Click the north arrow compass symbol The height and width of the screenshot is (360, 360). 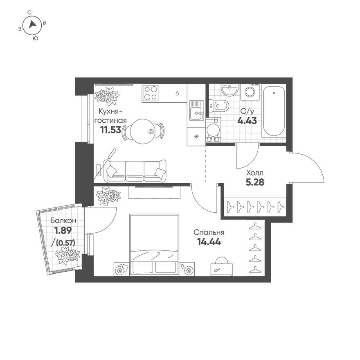click(33, 26)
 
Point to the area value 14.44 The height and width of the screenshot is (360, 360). click(209, 242)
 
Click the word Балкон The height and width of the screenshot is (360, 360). click(63, 220)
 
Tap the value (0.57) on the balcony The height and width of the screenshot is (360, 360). click(66, 243)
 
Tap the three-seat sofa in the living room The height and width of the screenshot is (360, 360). click(135, 170)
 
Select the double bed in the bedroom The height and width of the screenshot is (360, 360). click(155, 245)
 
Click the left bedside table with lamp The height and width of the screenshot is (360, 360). click(121, 269)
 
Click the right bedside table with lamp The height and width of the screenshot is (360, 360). click(188, 269)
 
